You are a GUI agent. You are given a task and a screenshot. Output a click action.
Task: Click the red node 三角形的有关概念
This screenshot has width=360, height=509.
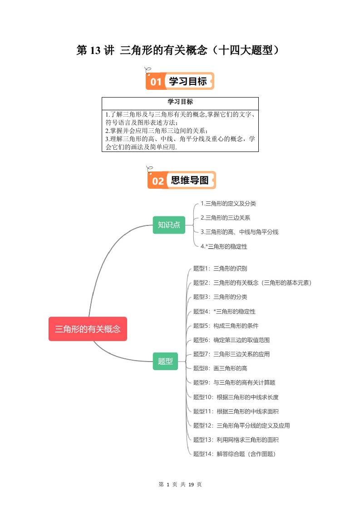click(88, 329)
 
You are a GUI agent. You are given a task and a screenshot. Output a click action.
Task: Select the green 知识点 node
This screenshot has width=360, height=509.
click(169, 225)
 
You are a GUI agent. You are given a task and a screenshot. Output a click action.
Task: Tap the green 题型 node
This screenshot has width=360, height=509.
click(165, 361)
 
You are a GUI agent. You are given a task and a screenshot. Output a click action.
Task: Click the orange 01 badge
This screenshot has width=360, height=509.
click(156, 82)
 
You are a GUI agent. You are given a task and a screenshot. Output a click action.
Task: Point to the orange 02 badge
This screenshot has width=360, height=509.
click(158, 181)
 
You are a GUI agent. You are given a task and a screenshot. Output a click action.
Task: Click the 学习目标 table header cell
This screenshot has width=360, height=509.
click(180, 102)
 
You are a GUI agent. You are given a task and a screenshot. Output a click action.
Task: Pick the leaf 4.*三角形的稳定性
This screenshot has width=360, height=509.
click(224, 246)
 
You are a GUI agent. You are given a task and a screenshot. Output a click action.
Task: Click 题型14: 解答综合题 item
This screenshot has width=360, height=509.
click(234, 454)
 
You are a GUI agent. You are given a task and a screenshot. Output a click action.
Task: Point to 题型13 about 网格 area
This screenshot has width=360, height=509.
click(236, 440)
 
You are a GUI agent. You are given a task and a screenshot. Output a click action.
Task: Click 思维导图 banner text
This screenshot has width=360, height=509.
click(189, 181)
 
